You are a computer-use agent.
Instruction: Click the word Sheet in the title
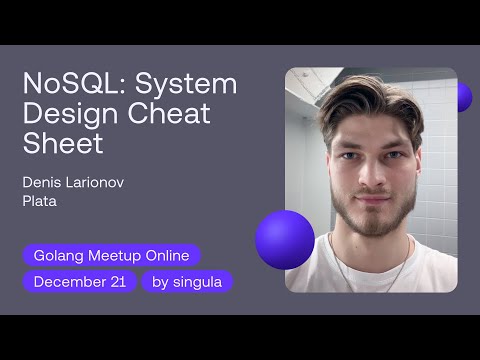point(63,144)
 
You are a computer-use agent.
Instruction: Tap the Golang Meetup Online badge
point(111,255)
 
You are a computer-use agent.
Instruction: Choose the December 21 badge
point(79,282)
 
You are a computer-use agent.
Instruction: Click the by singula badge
point(187,282)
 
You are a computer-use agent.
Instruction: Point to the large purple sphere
point(285,240)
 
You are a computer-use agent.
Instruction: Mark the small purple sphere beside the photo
point(463,97)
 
